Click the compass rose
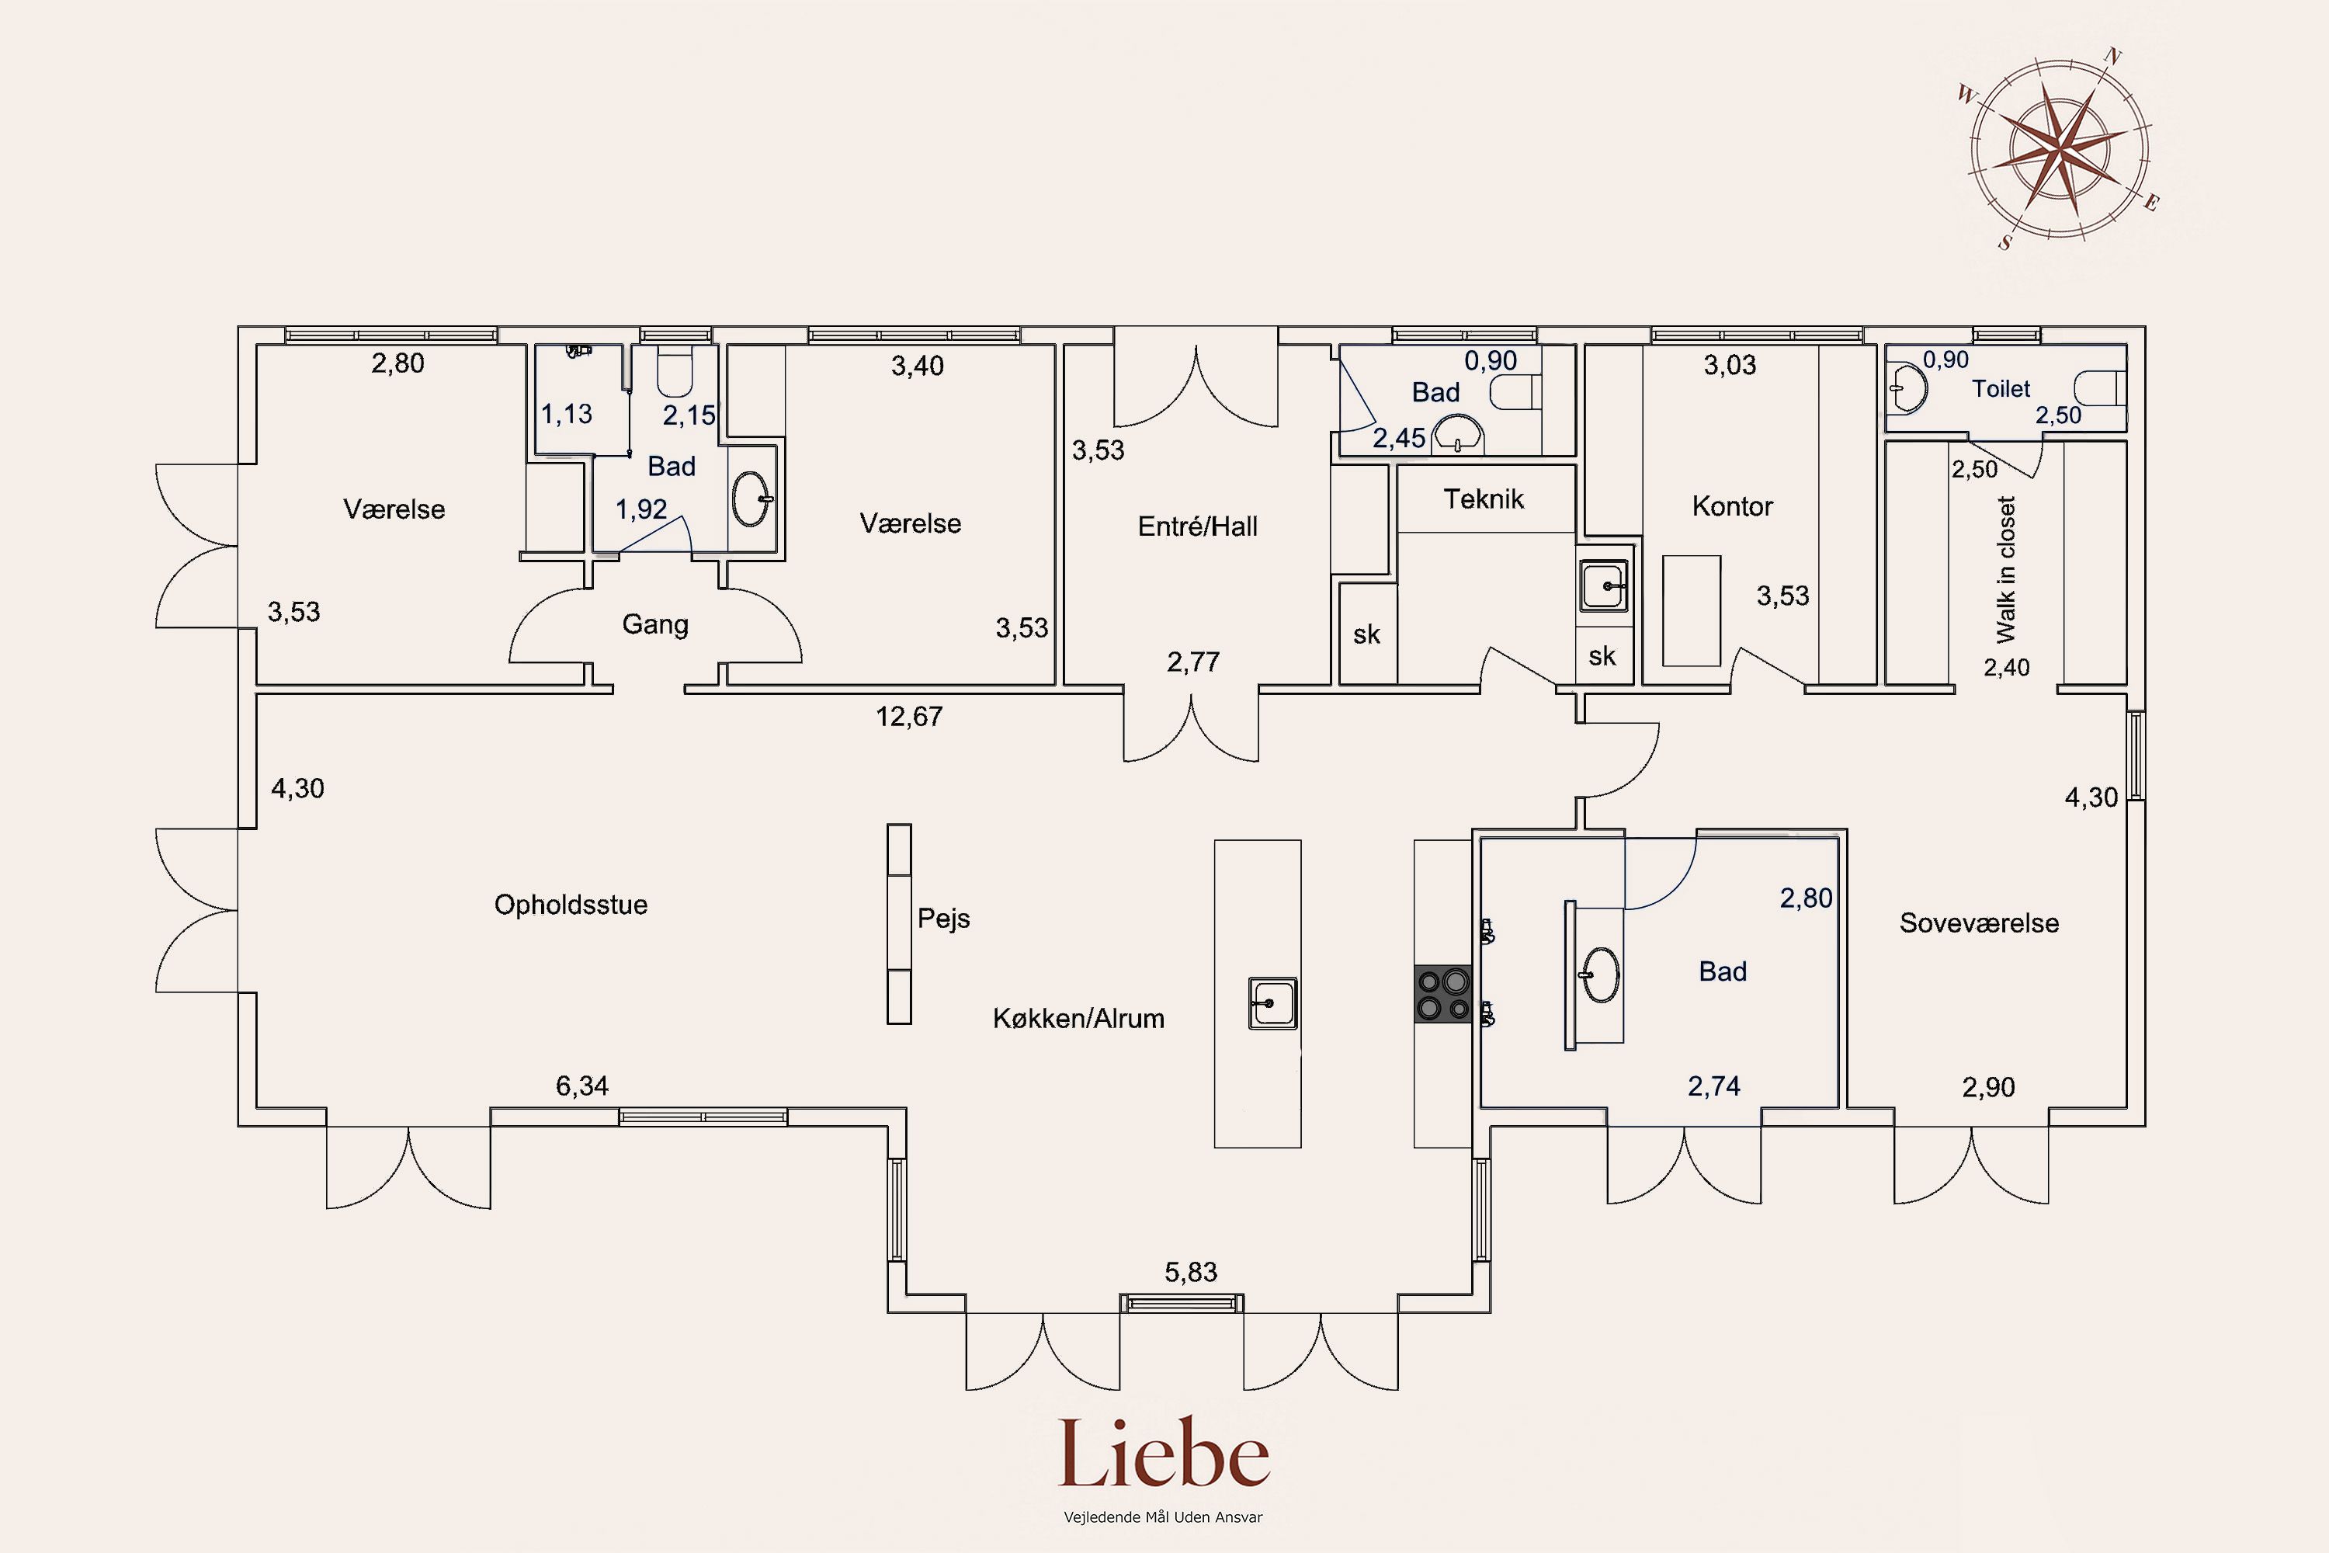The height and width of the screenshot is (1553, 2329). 2059,151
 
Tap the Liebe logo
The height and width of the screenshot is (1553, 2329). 1164,1454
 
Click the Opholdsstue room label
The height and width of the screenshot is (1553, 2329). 571,905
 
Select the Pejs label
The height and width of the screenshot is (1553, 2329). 944,918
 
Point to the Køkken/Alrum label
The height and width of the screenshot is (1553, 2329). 1078,1018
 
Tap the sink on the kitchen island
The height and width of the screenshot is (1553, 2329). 1273,1003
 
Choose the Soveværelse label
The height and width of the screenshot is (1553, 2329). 1978,923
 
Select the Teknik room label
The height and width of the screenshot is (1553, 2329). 1484,499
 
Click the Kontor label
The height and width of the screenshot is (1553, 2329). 1732,506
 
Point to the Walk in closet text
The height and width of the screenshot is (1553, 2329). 2005,569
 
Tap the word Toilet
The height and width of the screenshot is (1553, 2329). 2001,388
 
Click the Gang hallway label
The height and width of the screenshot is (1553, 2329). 654,625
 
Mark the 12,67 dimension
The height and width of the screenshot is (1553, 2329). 909,716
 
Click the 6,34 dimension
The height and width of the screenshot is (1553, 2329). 582,1086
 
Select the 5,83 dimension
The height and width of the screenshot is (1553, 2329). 1190,1272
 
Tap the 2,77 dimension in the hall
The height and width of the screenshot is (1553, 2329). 1193,662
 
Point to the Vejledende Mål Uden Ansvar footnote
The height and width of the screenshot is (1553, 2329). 1164,1517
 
